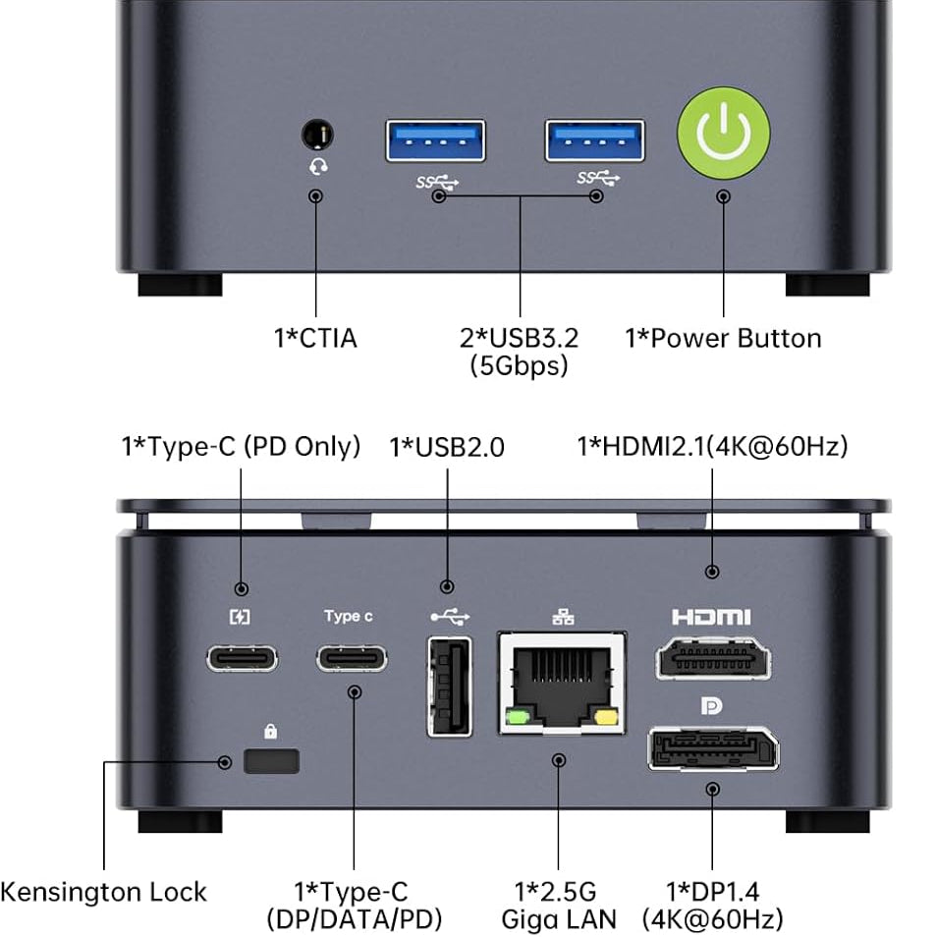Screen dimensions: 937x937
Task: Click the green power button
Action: [723, 133]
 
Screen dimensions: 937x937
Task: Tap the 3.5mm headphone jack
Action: [317, 135]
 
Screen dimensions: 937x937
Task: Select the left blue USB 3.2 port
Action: [436, 140]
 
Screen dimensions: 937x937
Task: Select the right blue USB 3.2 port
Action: [594, 140]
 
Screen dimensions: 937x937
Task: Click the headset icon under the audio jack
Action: [318, 166]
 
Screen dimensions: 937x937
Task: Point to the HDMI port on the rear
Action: [713, 658]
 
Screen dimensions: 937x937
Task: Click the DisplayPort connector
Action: [713, 748]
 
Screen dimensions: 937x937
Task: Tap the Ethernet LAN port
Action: [563, 683]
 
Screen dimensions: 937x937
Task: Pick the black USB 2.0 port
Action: [450, 687]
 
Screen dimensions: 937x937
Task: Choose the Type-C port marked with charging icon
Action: [242, 658]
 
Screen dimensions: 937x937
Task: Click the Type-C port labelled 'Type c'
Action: [352, 658]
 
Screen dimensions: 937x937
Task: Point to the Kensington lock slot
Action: [271, 761]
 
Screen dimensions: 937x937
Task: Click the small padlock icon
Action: [271, 731]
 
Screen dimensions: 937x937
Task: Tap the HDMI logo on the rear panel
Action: [711, 617]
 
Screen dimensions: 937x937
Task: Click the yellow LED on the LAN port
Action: [606, 716]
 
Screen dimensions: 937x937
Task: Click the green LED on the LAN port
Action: [518, 716]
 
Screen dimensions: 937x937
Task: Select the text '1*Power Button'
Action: [723, 338]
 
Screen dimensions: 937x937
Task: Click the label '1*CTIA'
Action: [315, 338]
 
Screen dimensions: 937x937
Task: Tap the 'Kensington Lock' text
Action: [103, 892]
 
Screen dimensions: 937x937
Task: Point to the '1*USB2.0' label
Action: [447, 447]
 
